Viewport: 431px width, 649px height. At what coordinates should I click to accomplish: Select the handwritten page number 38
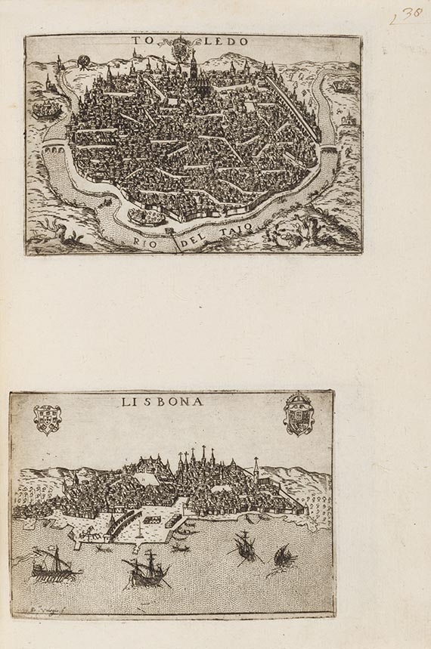(407, 15)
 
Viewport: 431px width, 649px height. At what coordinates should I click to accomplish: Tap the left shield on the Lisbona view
(48, 419)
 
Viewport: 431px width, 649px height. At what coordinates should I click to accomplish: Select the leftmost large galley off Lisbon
(55, 564)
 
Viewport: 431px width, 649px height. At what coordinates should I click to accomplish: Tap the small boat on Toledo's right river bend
(342, 86)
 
